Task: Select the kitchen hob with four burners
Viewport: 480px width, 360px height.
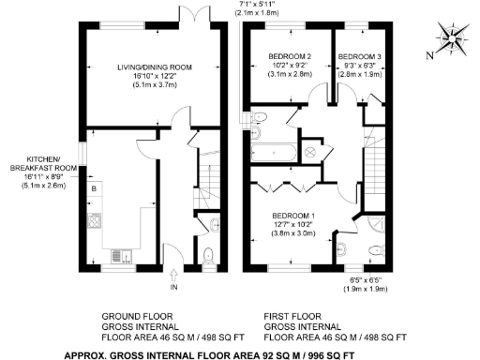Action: pyautogui.click(x=95, y=222)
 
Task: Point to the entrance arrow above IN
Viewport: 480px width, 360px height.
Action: pyautogui.click(x=174, y=276)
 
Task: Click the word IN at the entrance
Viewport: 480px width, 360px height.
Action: pyautogui.click(x=174, y=288)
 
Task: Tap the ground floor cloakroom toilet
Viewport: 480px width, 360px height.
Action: pyautogui.click(x=210, y=253)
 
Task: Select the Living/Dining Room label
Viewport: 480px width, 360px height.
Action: pyautogui.click(x=155, y=67)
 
